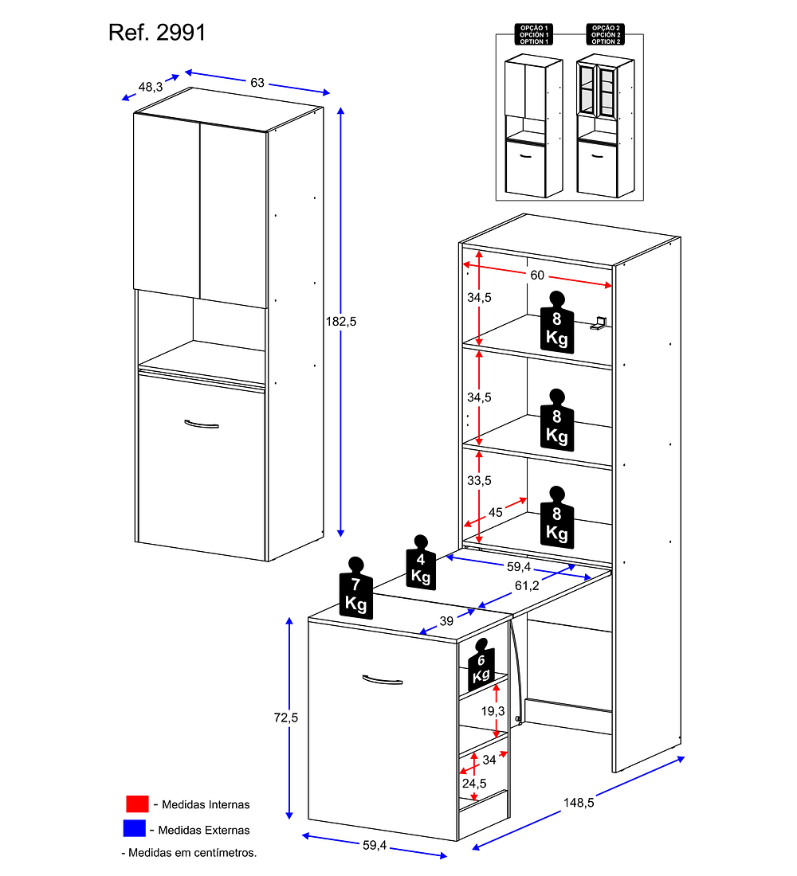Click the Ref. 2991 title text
[x=157, y=33]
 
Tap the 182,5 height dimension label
[x=341, y=322]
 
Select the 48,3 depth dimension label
[x=151, y=86]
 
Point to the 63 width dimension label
[x=257, y=83]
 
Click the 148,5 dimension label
[x=579, y=803]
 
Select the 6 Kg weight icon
[x=480, y=664]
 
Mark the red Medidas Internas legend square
[x=137, y=804]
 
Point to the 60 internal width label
[x=536, y=275]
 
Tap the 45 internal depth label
[x=495, y=512]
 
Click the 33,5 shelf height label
[x=479, y=481]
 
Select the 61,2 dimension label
[x=527, y=585]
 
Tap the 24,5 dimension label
[x=473, y=783]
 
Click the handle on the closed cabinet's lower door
[x=201, y=424]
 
